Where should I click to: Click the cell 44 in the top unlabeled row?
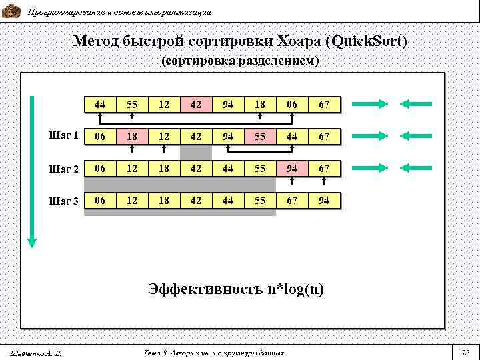point(99,104)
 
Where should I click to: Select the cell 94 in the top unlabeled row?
point(227,104)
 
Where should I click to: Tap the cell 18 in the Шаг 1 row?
point(131,136)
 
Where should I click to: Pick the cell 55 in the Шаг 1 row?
point(259,136)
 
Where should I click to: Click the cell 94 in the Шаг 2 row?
point(291,168)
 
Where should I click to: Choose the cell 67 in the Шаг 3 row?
point(291,200)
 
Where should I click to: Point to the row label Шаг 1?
point(65,136)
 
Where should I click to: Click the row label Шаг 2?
point(65,169)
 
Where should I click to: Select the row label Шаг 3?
point(65,201)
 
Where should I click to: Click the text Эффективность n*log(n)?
point(236,289)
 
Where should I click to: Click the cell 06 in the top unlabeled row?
point(291,104)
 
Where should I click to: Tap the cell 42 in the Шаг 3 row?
point(195,200)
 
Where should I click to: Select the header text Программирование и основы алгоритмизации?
point(119,12)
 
